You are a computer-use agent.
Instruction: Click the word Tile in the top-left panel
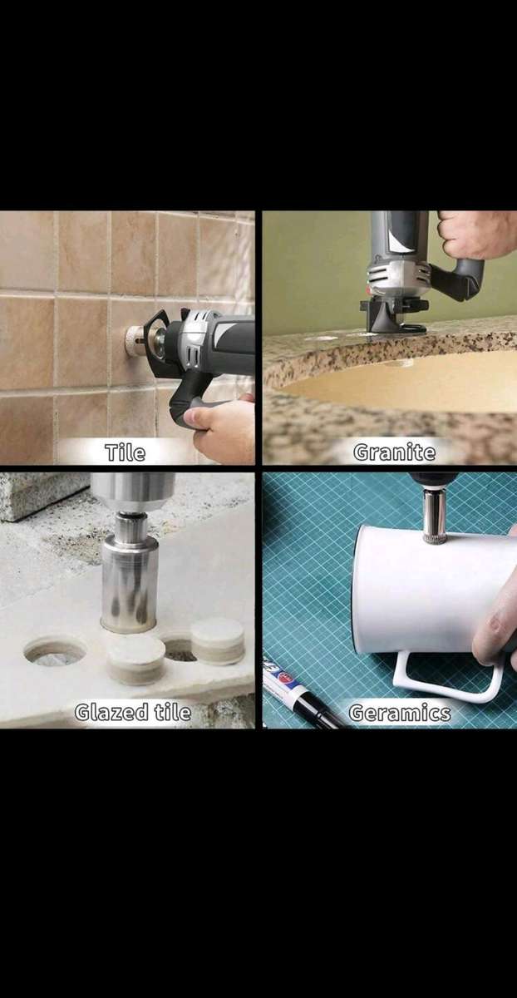coord(126,452)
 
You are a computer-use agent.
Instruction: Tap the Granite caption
coord(394,452)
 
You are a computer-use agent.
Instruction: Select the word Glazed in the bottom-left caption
coord(111,712)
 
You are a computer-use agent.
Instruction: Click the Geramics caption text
coord(400,713)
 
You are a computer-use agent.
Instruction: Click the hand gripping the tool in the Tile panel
coord(219,427)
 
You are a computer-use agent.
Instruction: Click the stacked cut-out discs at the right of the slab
coord(218,640)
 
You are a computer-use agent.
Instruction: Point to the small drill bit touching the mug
coord(432,518)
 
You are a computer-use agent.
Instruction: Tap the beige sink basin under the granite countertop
coord(406,383)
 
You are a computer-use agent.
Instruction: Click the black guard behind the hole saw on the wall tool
coord(157,336)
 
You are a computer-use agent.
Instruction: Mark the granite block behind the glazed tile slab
coord(42,496)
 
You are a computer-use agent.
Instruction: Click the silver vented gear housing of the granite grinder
coord(397,276)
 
